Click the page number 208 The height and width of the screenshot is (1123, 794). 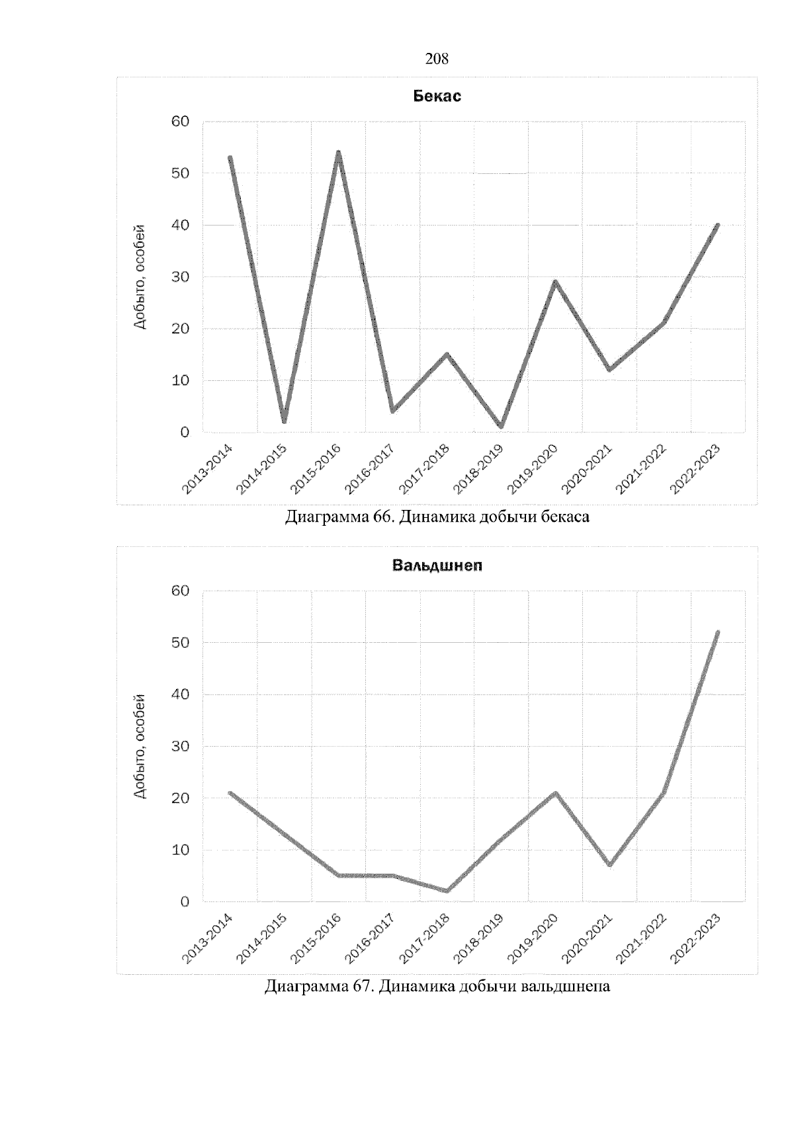click(437, 59)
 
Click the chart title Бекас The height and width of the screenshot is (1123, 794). click(437, 96)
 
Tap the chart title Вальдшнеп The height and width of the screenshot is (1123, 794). click(437, 566)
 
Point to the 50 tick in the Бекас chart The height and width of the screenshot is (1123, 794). click(181, 173)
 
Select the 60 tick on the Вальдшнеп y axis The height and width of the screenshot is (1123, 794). click(181, 591)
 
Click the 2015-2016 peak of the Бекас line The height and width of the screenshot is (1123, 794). click(338, 153)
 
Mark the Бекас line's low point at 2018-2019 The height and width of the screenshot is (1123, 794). click(501, 427)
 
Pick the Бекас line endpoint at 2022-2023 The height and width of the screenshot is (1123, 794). click(717, 226)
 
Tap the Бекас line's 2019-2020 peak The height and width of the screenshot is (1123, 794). click(555, 282)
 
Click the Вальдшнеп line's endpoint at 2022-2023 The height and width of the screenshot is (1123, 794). click(717, 632)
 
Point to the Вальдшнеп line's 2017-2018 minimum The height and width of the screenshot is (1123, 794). click(447, 891)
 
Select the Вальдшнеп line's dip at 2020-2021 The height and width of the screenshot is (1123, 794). click(609, 864)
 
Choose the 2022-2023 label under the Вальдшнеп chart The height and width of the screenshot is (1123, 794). click(695, 938)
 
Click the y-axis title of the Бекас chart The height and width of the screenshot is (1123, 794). click(140, 277)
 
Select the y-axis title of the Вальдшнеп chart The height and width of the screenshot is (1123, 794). click(140, 746)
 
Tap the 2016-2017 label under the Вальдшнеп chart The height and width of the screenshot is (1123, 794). click(370, 938)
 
